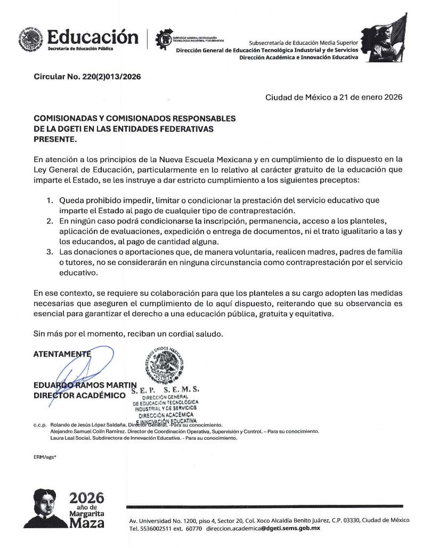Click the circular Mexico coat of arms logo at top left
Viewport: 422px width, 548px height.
30,39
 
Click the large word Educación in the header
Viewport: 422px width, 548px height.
92,37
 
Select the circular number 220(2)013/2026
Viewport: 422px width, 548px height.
111,77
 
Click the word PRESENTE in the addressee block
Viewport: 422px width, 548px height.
55,140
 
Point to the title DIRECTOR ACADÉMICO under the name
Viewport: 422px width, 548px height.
79,395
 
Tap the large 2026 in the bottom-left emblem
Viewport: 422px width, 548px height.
87,498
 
